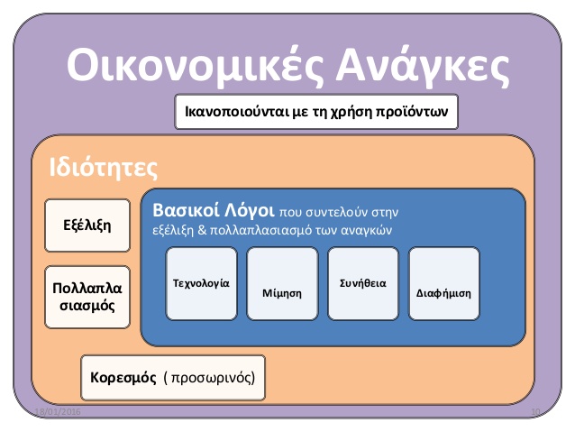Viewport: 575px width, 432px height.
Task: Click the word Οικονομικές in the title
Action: coord(195,65)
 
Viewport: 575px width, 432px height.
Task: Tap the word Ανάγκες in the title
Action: coord(423,65)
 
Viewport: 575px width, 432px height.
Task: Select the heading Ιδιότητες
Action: coord(104,168)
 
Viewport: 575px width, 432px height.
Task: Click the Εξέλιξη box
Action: coord(87,225)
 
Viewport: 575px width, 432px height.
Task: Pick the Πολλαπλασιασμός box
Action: coord(87,297)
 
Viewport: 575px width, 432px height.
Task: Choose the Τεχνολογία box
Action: coord(201,283)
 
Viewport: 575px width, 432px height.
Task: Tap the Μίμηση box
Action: coord(282,283)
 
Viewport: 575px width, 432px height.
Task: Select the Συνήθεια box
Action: coord(363,283)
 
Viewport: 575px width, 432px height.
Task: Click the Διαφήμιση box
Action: coord(443,283)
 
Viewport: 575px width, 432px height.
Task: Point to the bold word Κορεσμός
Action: coord(123,378)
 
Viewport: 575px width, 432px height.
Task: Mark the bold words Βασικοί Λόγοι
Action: coord(213,211)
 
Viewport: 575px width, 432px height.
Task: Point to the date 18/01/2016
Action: coord(58,412)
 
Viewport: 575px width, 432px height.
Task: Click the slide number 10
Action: coord(535,412)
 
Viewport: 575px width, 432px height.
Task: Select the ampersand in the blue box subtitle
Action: coord(202,230)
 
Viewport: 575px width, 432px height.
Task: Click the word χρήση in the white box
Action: coord(351,112)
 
